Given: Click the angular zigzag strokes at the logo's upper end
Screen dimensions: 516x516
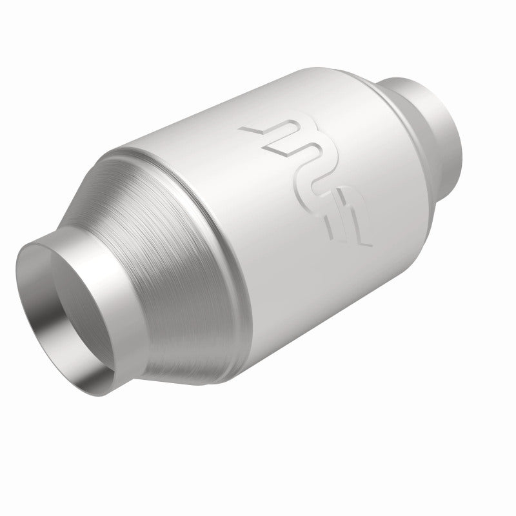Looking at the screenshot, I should click(x=271, y=135).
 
